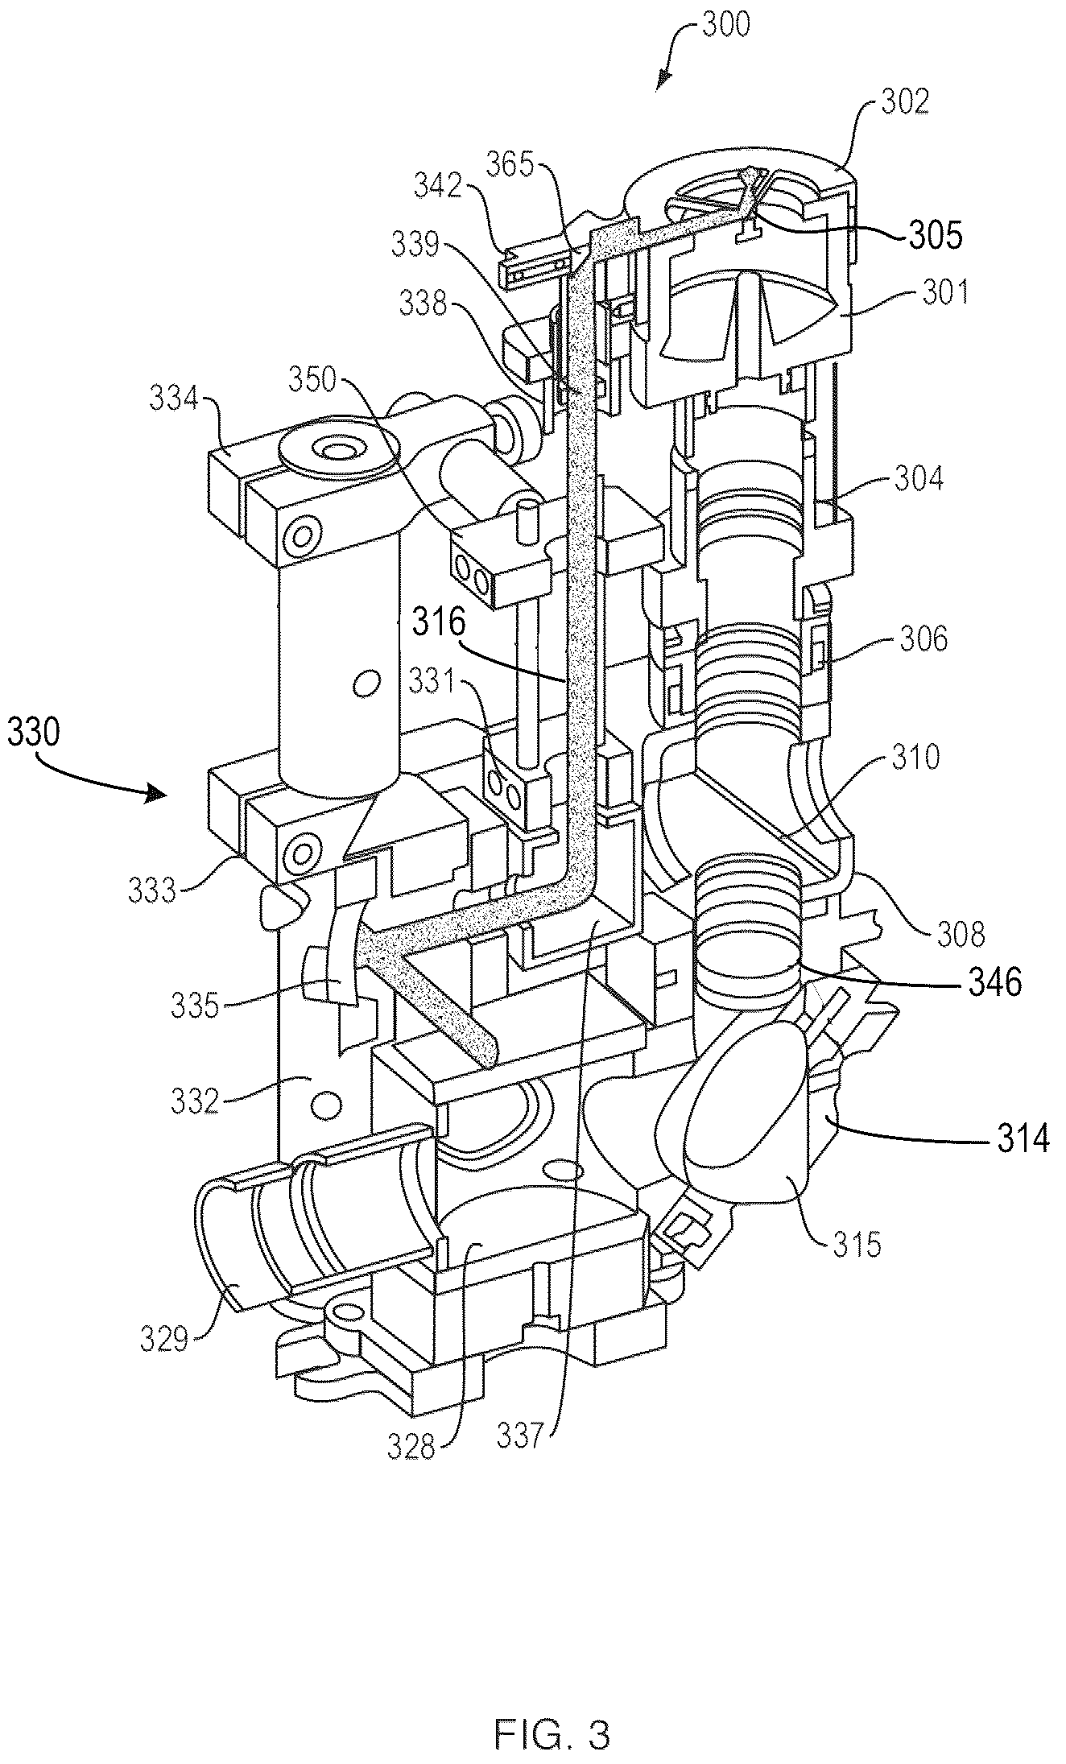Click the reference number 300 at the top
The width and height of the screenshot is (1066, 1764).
(x=725, y=24)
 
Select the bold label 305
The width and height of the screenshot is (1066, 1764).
(x=938, y=236)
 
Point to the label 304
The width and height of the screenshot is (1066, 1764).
(x=918, y=479)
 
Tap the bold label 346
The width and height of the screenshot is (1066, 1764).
(x=997, y=981)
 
